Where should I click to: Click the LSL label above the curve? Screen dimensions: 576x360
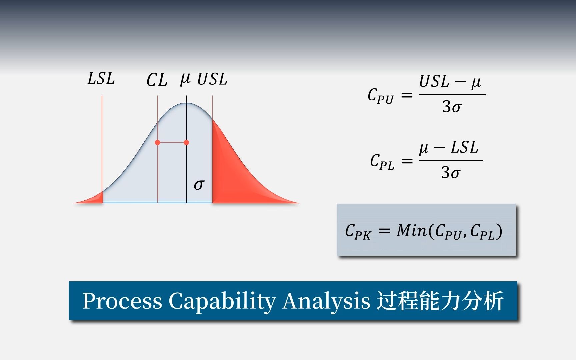(x=101, y=79)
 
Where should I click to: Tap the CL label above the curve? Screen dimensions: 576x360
(x=157, y=80)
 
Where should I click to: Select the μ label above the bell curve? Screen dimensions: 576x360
(x=185, y=79)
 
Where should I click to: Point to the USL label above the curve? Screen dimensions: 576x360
(x=212, y=79)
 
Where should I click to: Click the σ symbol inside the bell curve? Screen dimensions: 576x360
(x=199, y=184)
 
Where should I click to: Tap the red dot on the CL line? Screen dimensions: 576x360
(x=158, y=142)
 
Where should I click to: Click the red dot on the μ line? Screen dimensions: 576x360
(x=186, y=142)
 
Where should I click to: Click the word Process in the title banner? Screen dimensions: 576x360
(x=122, y=301)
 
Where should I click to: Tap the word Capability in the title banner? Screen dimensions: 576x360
(x=222, y=301)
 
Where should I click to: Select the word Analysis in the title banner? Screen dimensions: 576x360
(x=326, y=301)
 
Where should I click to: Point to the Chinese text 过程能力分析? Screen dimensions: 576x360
(x=440, y=301)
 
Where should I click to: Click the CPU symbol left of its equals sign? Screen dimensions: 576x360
(x=381, y=96)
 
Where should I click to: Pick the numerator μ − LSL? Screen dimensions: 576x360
(x=449, y=148)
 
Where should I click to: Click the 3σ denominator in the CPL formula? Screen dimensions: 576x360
(x=451, y=173)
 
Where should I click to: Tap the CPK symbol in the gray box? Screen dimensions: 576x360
(x=358, y=231)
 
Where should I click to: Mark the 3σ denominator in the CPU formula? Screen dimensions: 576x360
(x=452, y=107)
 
